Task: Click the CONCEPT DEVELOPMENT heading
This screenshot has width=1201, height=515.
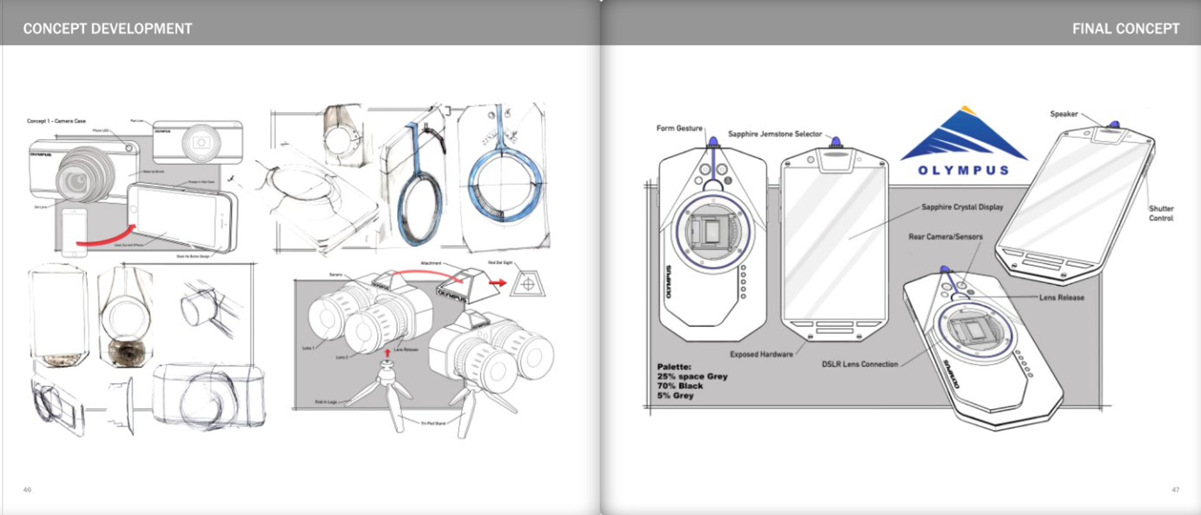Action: tap(108, 29)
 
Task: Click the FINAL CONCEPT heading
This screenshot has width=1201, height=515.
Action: tap(1125, 29)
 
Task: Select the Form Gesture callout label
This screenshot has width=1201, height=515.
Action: tap(679, 128)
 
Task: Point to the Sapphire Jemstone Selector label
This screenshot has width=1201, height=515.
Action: tap(774, 134)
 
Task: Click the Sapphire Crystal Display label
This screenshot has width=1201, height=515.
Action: tap(962, 207)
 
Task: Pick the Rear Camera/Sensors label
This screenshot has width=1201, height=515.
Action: tap(945, 237)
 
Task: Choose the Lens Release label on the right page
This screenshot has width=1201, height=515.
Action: tap(1062, 298)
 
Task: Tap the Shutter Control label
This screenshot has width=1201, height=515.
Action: tap(1161, 213)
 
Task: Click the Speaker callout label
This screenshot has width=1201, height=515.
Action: tap(1063, 114)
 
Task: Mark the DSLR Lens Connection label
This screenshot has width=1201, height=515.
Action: tap(859, 364)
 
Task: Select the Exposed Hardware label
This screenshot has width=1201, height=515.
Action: tap(761, 354)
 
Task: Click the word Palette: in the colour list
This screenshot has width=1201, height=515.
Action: tap(674, 367)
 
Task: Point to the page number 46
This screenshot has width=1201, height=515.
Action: tap(27, 490)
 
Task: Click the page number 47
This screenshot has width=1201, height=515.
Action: tap(1175, 490)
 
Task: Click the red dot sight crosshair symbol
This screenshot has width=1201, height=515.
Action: tap(527, 285)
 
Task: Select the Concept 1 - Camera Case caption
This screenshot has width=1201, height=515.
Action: tap(56, 121)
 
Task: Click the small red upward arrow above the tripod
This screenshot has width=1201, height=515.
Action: tap(387, 354)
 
